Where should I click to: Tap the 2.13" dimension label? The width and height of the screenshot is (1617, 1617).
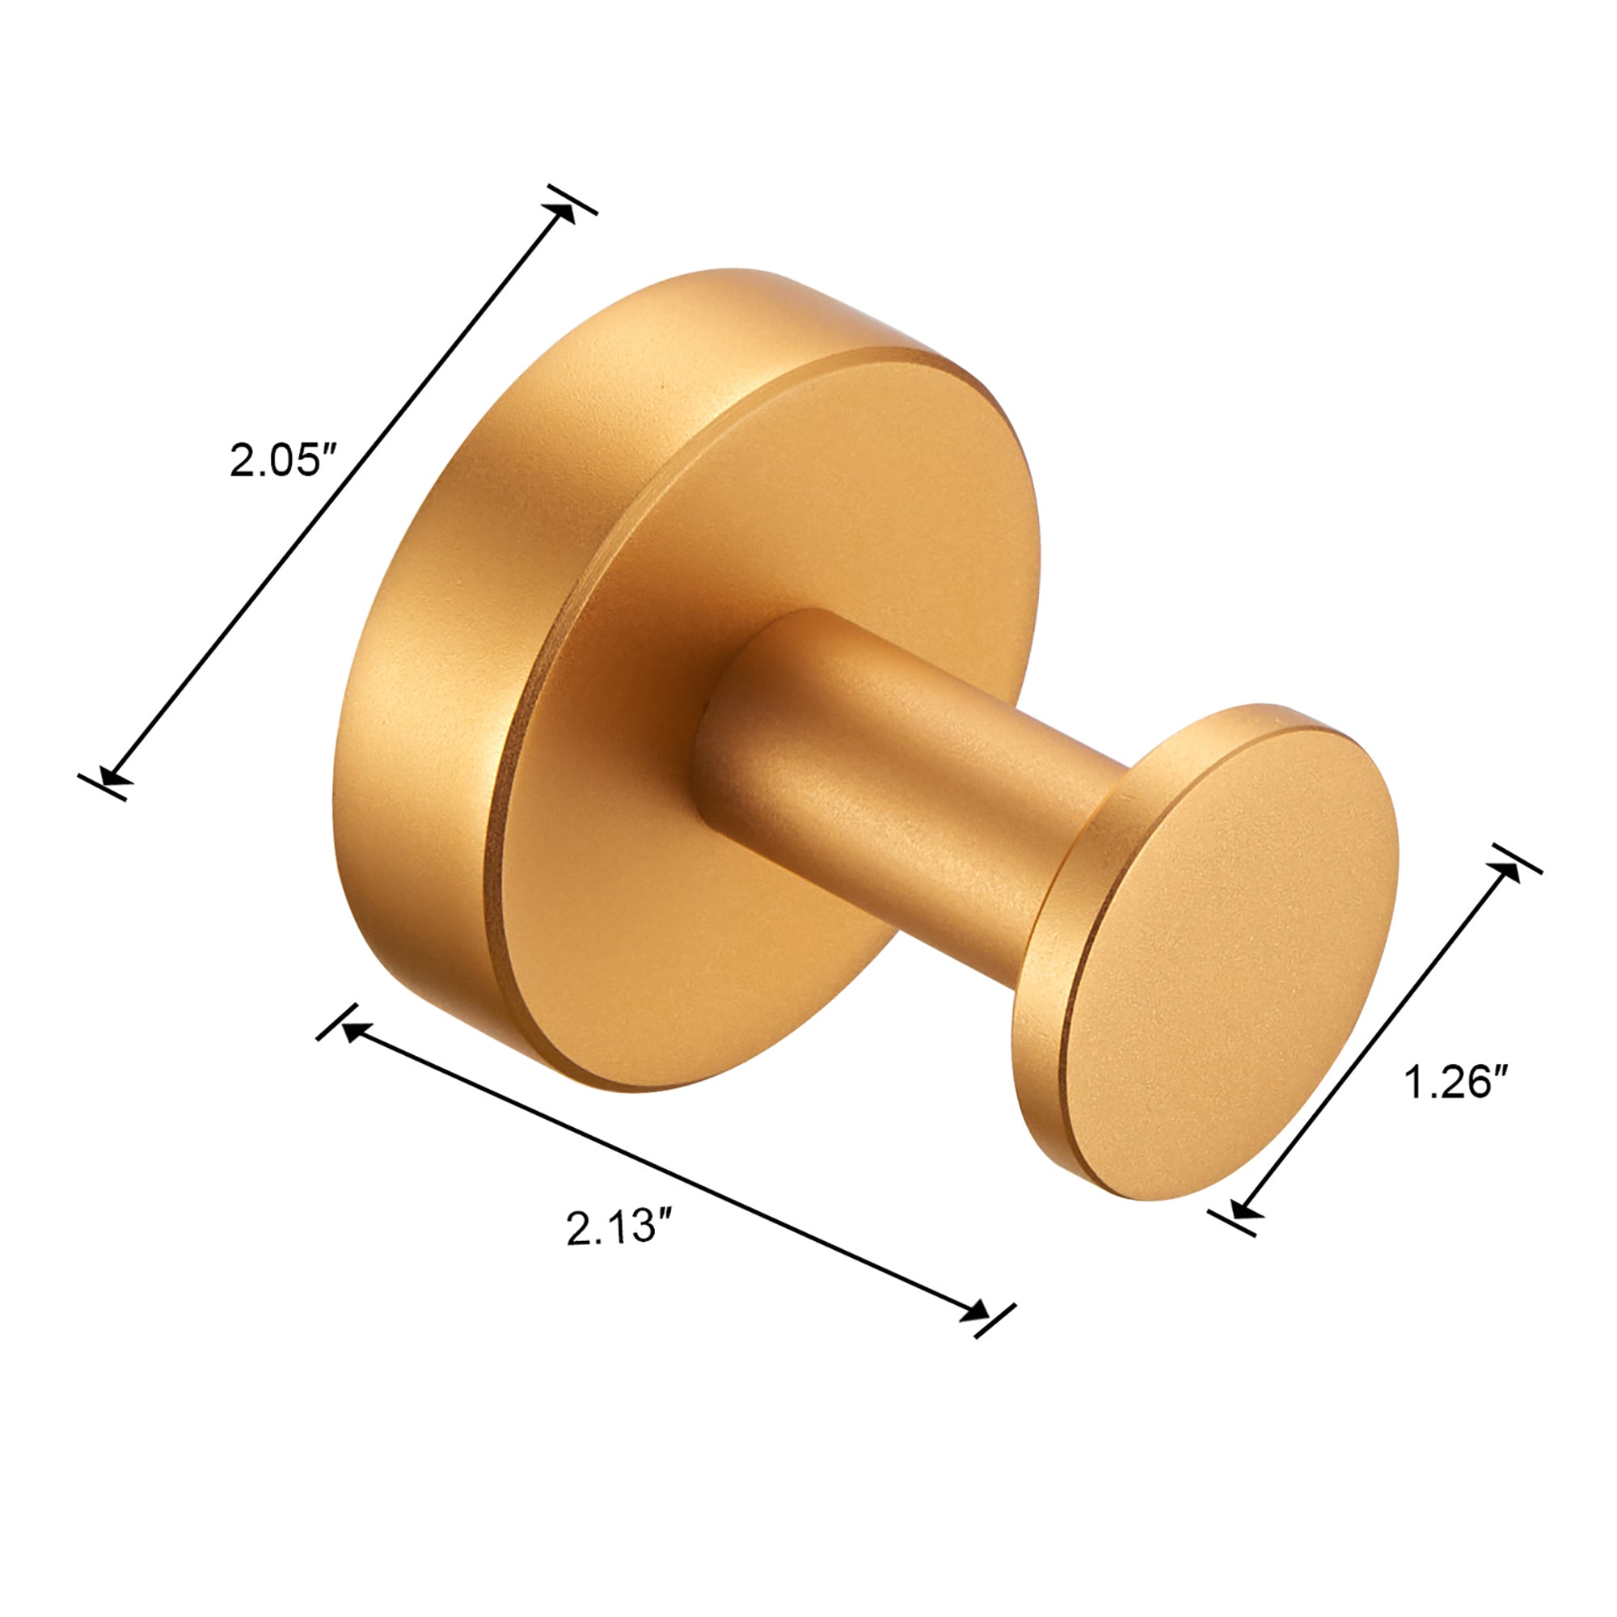(x=620, y=1228)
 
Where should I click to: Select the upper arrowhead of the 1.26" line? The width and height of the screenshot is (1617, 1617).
(x=1505, y=872)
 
